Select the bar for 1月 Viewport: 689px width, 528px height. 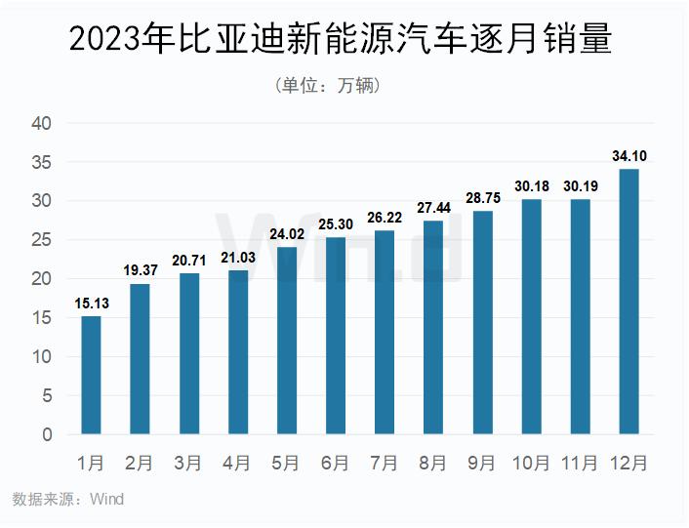tap(91, 375)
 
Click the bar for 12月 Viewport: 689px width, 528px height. tap(628, 302)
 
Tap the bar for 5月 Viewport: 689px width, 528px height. tap(287, 341)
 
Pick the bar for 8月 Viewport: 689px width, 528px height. tap(433, 327)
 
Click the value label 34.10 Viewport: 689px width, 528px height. tap(628, 156)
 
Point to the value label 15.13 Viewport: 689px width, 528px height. tap(91, 304)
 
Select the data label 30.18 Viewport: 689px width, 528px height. tap(531, 186)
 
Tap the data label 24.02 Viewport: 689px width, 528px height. tap(287, 234)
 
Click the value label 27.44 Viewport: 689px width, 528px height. tap(433, 208)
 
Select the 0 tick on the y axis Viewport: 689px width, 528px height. tap(47, 434)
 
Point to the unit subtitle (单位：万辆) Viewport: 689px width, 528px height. tap(329, 86)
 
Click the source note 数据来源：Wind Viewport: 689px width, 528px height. tap(68, 500)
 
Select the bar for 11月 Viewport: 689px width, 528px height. tap(580, 316)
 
